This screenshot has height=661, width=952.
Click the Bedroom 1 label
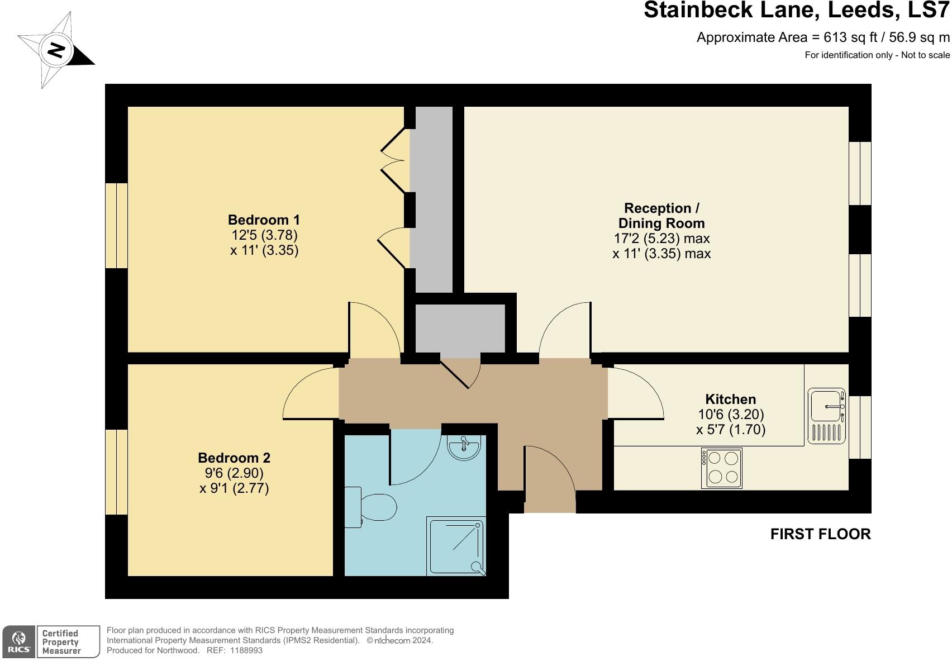264,220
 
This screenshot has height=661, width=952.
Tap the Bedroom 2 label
234,458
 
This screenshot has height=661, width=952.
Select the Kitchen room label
730,399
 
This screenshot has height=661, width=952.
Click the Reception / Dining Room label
661,216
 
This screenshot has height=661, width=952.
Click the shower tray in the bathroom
456,546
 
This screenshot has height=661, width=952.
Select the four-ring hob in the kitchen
721,468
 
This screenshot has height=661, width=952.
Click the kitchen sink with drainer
827,416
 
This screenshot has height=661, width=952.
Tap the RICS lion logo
19,640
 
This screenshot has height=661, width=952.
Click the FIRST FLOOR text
820,534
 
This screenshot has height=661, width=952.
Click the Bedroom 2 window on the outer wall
117,472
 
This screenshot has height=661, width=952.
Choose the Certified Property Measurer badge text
61,641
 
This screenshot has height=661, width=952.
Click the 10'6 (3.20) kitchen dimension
731,415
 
